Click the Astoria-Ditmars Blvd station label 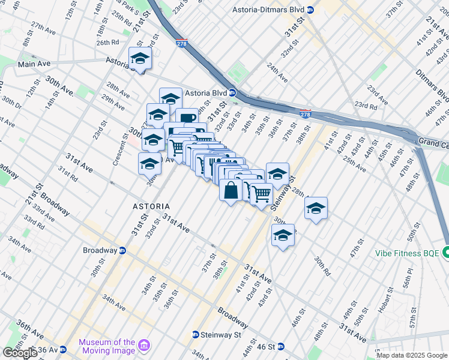coord(269,10)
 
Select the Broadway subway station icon coord(122,250)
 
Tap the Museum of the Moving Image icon coord(144,346)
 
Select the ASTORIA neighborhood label coord(151,206)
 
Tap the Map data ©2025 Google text coord(412,355)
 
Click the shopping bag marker coord(231,192)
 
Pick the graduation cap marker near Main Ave coord(140,59)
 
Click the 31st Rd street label coord(68,174)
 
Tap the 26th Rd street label coord(108,43)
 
